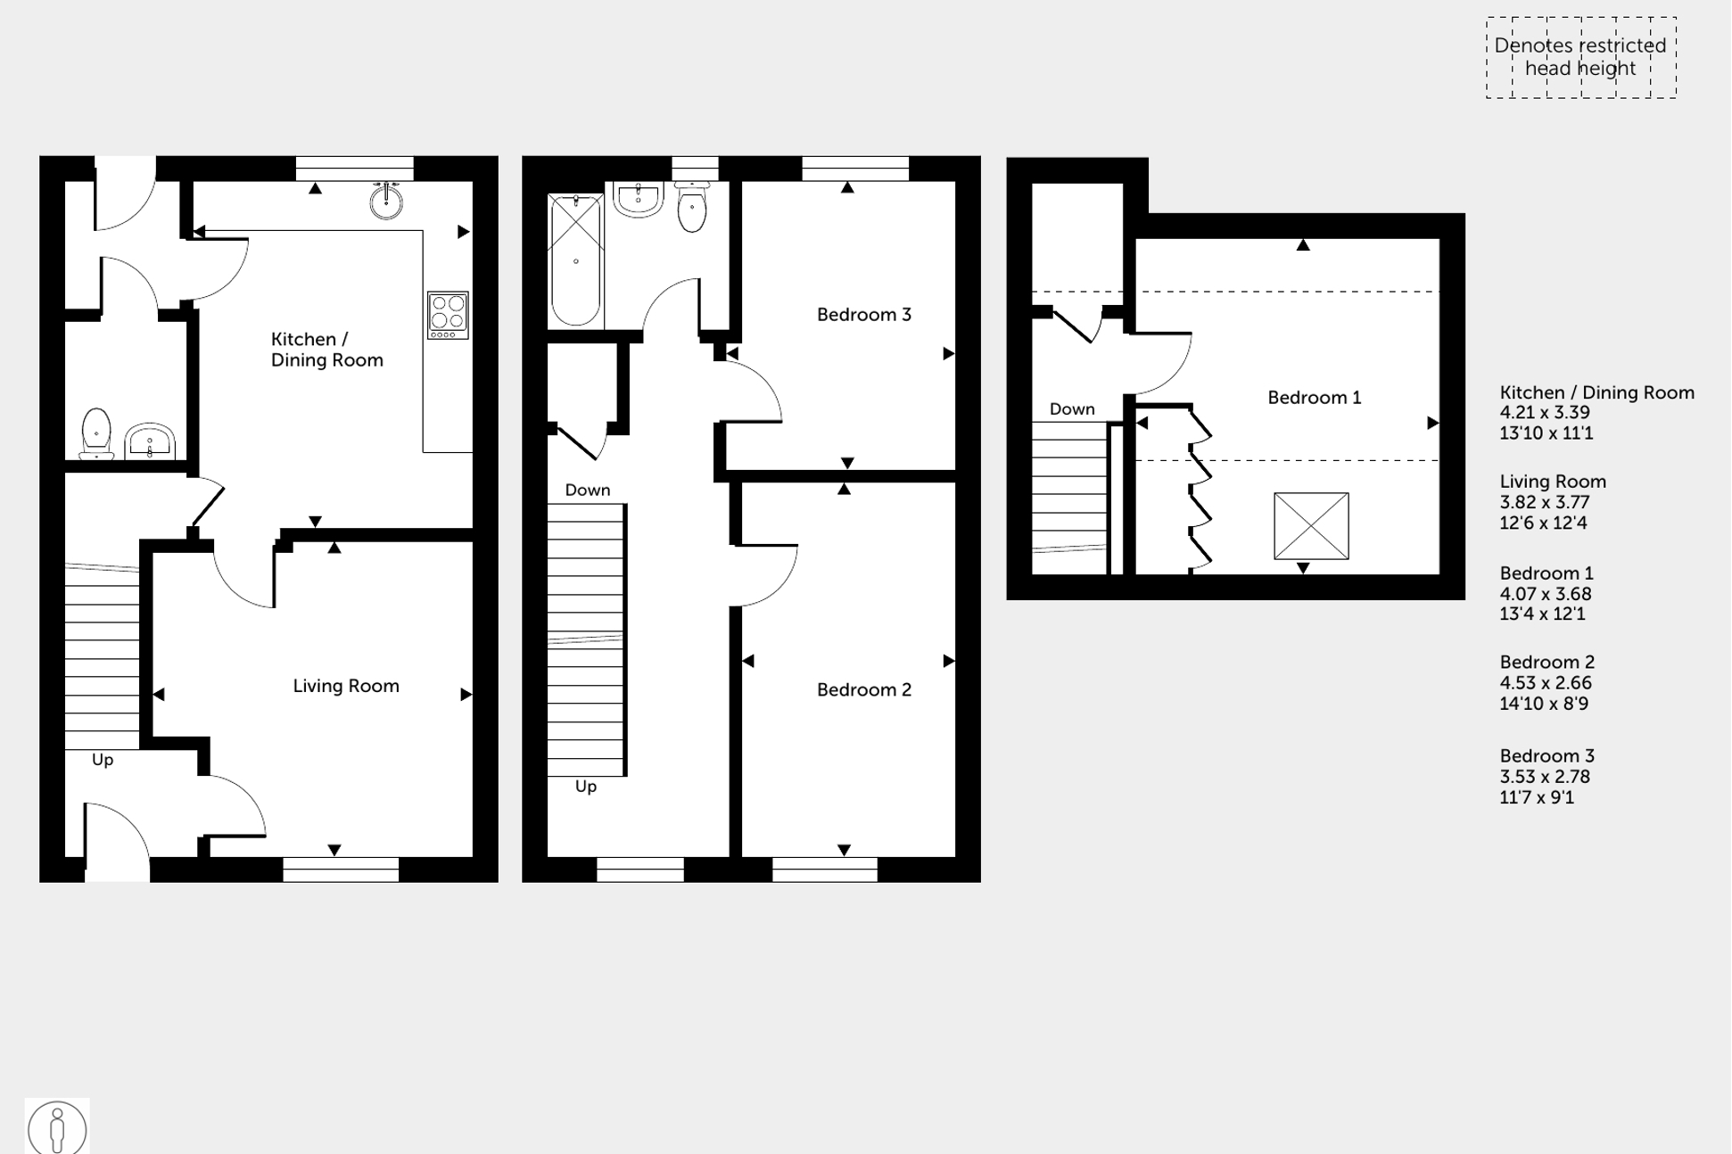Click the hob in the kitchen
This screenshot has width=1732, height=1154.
tap(448, 315)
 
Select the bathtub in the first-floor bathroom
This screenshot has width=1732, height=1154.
tap(575, 260)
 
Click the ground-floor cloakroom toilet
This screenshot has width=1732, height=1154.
tap(96, 433)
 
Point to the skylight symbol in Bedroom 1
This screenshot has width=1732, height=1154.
tap(1311, 526)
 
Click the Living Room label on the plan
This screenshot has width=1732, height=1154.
tap(346, 686)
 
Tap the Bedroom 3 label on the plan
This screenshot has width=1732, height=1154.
tap(863, 314)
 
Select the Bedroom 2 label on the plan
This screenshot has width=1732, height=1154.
tap(863, 689)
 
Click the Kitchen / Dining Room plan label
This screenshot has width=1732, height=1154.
tap(326, 350)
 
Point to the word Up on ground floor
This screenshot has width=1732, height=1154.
tap(103, 760)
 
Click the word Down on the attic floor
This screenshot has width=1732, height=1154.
tap(1071, 409)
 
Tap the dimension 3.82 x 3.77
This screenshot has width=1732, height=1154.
tap(1545, 502)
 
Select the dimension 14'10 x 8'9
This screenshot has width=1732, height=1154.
tap(1544, 704)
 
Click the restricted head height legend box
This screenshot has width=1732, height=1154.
tap(1580, 57)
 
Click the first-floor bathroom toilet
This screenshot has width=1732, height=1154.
tap(692, 208)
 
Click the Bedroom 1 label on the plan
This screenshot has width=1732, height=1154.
tap(1314, 398)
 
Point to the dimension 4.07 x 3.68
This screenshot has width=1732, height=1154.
tap(1545, 594)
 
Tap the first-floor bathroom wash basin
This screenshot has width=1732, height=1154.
tap(639, 200)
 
